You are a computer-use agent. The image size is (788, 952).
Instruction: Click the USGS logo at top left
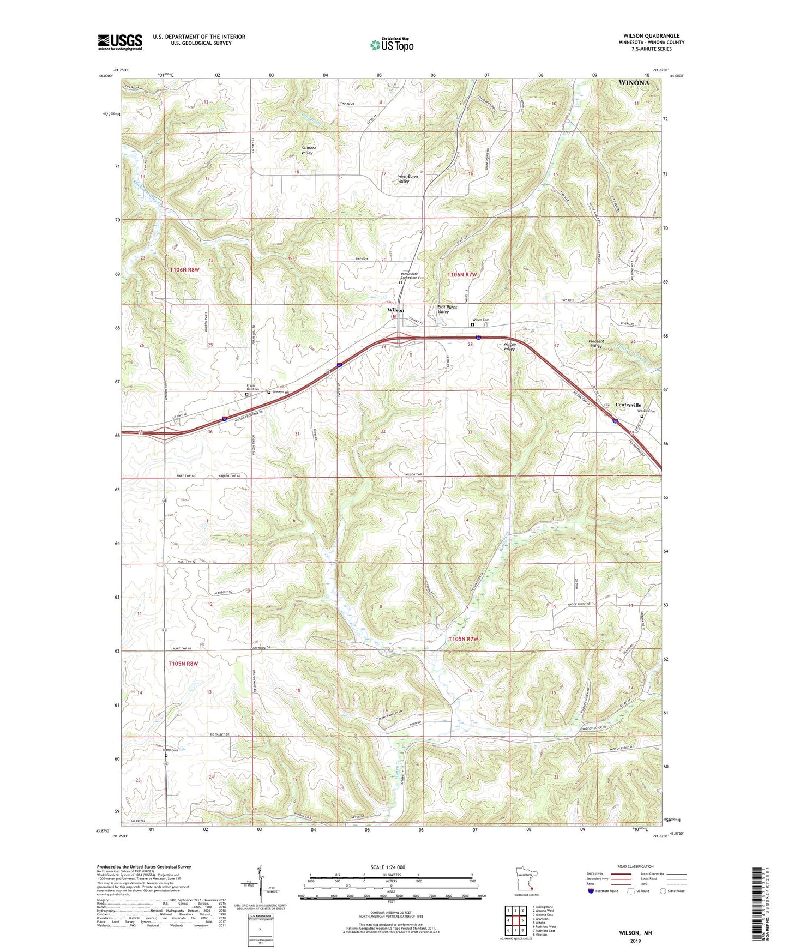[120, 42]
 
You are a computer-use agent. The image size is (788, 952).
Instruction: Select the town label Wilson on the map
[395, 310]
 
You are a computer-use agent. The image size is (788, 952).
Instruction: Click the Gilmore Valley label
[308, 150]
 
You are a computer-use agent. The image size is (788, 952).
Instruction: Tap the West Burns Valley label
[410, 179]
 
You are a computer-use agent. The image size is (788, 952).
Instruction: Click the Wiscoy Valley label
[510, 347]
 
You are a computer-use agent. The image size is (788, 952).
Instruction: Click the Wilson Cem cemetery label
[481, 320]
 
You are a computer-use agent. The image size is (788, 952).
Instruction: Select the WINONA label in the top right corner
[634, 83]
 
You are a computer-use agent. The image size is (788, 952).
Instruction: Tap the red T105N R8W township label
[183, 664]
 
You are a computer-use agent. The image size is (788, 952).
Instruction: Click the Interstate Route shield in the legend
[591, 891]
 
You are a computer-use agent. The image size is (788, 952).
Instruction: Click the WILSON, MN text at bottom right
[635, 933]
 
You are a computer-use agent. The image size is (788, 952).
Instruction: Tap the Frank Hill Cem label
[252, 387]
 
